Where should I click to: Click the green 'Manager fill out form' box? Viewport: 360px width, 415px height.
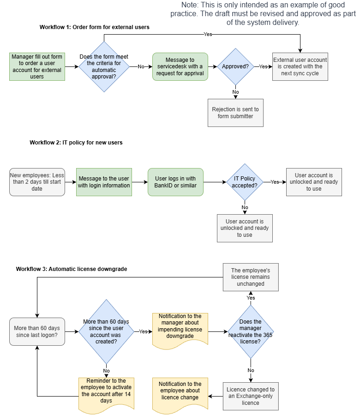pyautogui.click(x=37, y=66)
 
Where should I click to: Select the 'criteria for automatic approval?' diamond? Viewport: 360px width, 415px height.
pyautogui.click(x=104, y=66)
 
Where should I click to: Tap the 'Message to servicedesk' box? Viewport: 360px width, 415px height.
pyautogui.click(x=180, y=66)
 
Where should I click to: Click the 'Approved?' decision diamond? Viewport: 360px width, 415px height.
pyautogui.click(x=235, y=66)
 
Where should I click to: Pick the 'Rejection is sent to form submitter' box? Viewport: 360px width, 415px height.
pyautogui.click(x=235, y=113)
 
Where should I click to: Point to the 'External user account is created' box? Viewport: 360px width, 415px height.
pyautogui.click(x=300, y=66)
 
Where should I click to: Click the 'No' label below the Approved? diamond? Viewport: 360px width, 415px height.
pyautogui.click(x=235, y=92)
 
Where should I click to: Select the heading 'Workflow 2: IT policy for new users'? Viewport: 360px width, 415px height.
pyautogui.click(x=76, y=143)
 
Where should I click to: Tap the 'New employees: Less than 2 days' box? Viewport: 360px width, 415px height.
pyautogui.click(x=37, y=182)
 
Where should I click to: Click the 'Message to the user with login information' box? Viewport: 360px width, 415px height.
pyautogui.click(x=104, y=182)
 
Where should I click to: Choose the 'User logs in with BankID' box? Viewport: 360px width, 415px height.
pyautogui.click(x=175, y=182)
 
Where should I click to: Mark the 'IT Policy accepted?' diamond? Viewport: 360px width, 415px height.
pyautogui.click(x=245, y=182)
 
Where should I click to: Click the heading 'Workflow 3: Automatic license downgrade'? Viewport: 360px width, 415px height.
pyautogui.click(x=72, y=269)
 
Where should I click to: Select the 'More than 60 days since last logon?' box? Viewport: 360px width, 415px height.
pyautogui.click(x=37, y=331)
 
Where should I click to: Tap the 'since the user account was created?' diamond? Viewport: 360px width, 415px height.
pyautogui.click(x=106, y=331)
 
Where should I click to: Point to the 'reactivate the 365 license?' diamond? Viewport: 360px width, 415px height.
pyautogui.click(x=251, y=331)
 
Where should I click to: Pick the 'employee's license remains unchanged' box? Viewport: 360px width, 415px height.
pyautogui.click(x=251, y=277)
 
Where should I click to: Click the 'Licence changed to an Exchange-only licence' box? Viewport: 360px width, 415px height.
pyautogui.click(x=251, y=396)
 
